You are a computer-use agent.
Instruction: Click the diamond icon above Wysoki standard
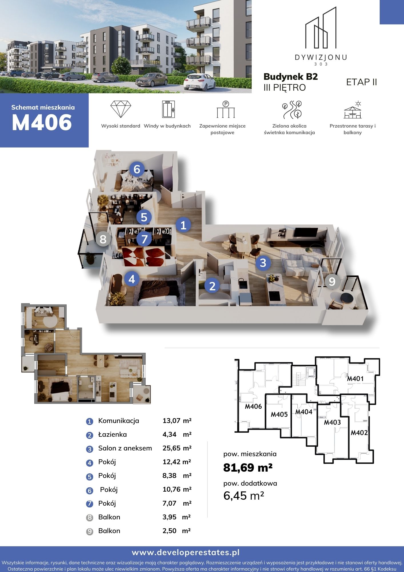[x=121, y=109]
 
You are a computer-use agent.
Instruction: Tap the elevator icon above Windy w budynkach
[x=168, y=109]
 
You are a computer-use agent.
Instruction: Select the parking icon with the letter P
[x=226, y=109]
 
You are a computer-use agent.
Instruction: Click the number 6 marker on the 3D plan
[x=137, y=169]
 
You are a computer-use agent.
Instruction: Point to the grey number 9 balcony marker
[x=332, y=281]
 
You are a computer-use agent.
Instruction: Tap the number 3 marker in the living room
[x=263, y=263]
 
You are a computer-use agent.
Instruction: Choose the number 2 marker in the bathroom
[x=212, y=286]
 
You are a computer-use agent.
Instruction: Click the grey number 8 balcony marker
[x=103, y=239]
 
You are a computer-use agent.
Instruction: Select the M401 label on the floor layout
[x=355, y=379]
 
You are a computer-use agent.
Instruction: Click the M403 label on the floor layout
[x=332, y=422]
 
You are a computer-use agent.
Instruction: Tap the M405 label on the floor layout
[x=279, y=414]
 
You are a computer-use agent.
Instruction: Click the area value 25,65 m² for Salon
[x=177, y=448]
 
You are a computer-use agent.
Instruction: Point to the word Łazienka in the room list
[x=112, y=434]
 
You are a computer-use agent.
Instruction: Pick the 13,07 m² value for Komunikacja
[x=177, y=421]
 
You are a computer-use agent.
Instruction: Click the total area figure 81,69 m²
[x=248, y=468]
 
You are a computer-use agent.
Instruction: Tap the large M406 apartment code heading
[x=42, y=122]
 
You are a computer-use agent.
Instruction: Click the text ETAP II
[x=361, y=82]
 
